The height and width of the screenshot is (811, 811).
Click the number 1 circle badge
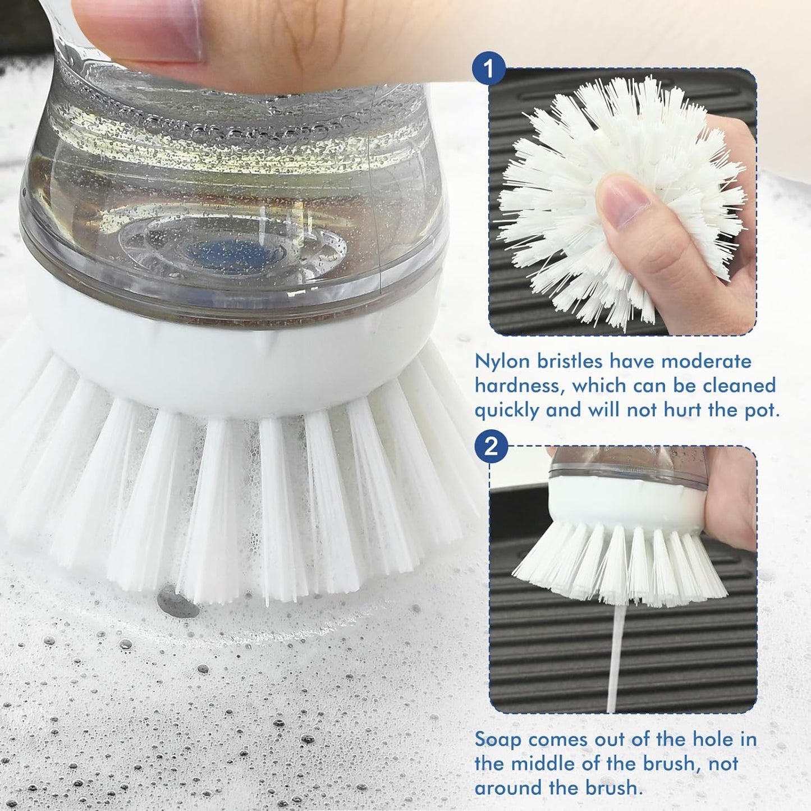pos(489,69)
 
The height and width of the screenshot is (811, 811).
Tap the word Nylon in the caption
pos(502,361)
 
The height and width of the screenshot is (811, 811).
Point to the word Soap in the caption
pos(498,739)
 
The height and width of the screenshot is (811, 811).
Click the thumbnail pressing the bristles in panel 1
pos(623,202)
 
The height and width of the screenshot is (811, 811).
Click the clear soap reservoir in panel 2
pos(623,463)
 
